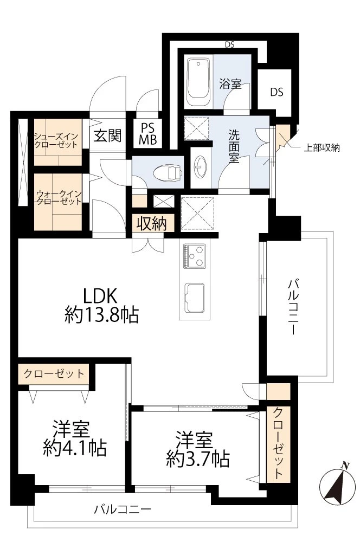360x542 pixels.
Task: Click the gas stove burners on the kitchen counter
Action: click(x=194, y=256)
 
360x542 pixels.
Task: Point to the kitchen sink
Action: click(x=194, y=296)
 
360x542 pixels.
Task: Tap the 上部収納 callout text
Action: click(x=322, y=148)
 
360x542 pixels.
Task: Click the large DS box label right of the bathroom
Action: click(x=277, y=92)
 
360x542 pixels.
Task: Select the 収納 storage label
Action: click(x=151, y=223)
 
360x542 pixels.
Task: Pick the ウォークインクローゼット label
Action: click(x=59, y=198)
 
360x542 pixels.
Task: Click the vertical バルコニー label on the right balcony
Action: click(x=293, y=307)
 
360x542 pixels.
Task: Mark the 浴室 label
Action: click(x=230, y=83)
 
